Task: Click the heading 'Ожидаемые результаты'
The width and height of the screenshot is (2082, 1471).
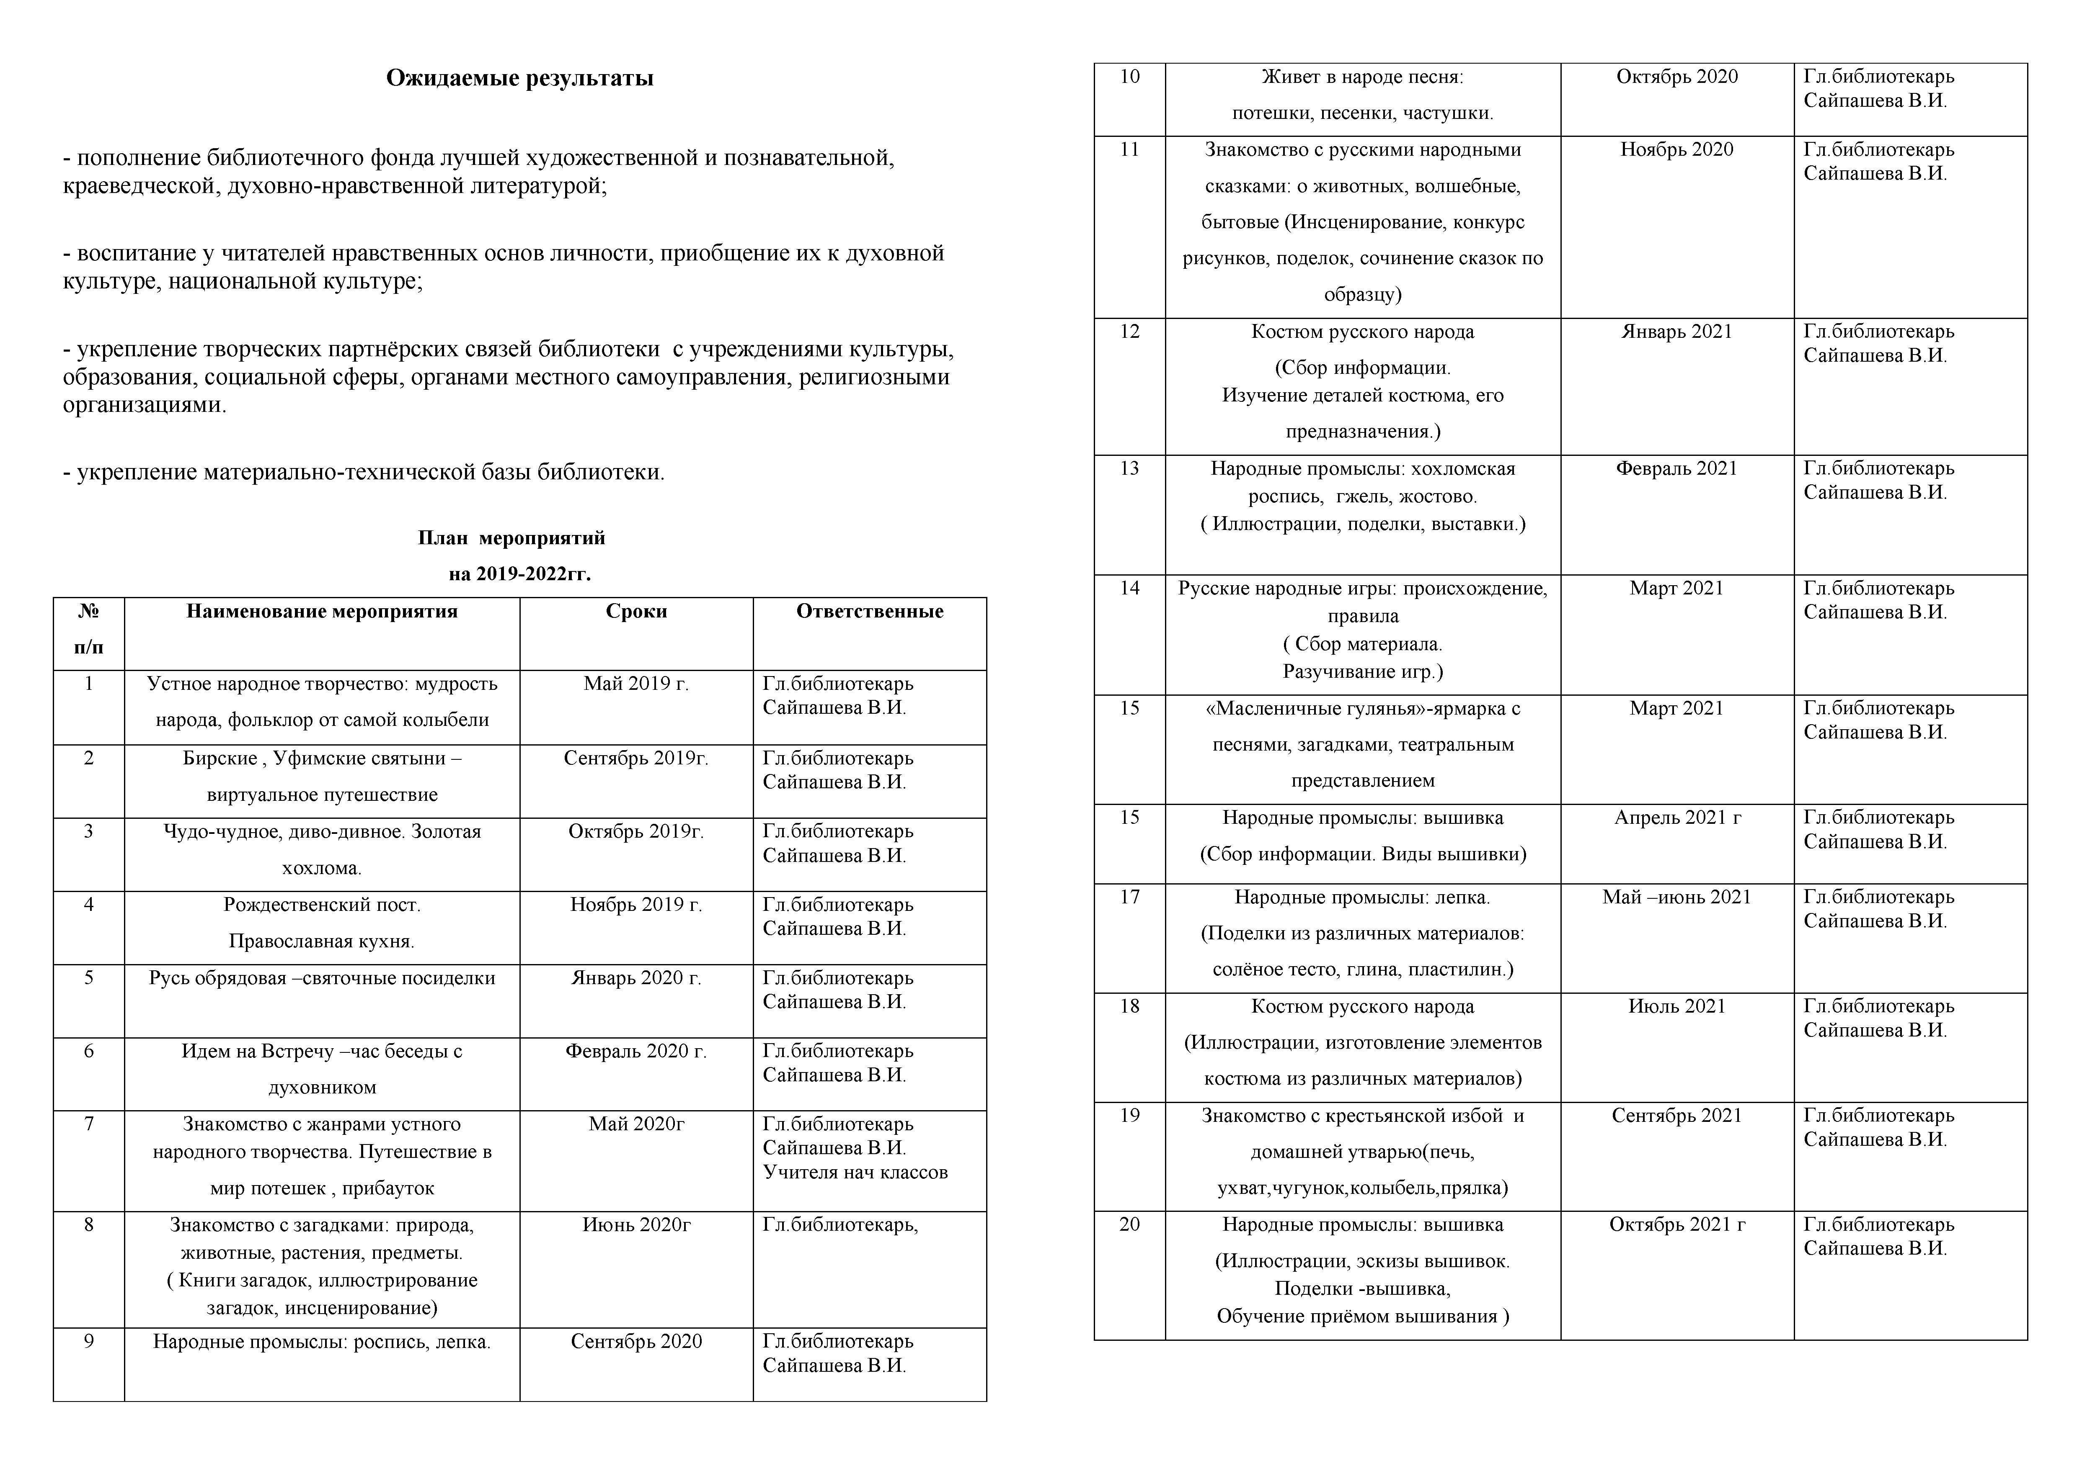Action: (x=519, y=79)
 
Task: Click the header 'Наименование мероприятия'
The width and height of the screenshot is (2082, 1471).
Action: (x=322, y=612)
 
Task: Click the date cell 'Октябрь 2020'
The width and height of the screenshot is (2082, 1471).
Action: (x=1676, y=77)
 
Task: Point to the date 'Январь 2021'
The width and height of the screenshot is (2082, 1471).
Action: (x=1676, y=332)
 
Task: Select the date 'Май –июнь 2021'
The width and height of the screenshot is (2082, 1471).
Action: (x=1676, y=897)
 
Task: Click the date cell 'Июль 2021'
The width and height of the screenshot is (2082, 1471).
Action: (x=1676, y=1007)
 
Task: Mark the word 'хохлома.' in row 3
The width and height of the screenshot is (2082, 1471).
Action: (x=322, y=868)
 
